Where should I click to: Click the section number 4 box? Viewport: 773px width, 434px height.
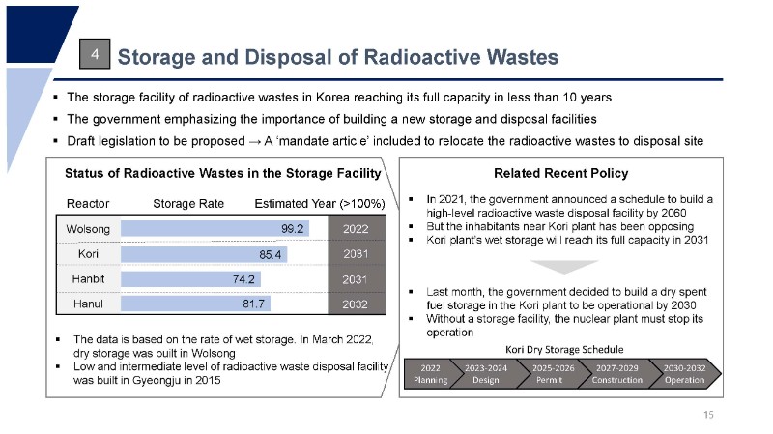pyautogui.click(x=95, y=56)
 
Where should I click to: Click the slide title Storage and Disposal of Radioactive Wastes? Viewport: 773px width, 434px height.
pyautogui.click(x=337, y=57)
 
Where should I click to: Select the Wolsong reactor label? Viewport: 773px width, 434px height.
pyautogui.click(x=88, y=230)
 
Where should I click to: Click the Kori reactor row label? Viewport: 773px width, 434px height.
pyautogui.click(x=88, y=254)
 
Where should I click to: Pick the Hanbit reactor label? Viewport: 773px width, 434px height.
pyautogui.click(x=88, y=279)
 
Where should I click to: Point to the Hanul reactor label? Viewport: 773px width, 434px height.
pyautogui.click(x=88, y=304)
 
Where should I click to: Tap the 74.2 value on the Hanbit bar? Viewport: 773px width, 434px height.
pyautogui.click(x=243, y=279)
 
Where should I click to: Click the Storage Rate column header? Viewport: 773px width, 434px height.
pyautogui.click(x=188, y=204)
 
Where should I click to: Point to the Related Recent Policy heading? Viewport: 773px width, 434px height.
pyautogui.click(x=560, y=174)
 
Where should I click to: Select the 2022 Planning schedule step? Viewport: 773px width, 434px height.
pyautogui.click(x=431, y=374)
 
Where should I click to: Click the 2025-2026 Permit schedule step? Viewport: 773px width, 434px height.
pyautogui.click(x=554, y=374)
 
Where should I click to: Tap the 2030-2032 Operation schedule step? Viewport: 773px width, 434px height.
pyautogui.click(x=684, y=374)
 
